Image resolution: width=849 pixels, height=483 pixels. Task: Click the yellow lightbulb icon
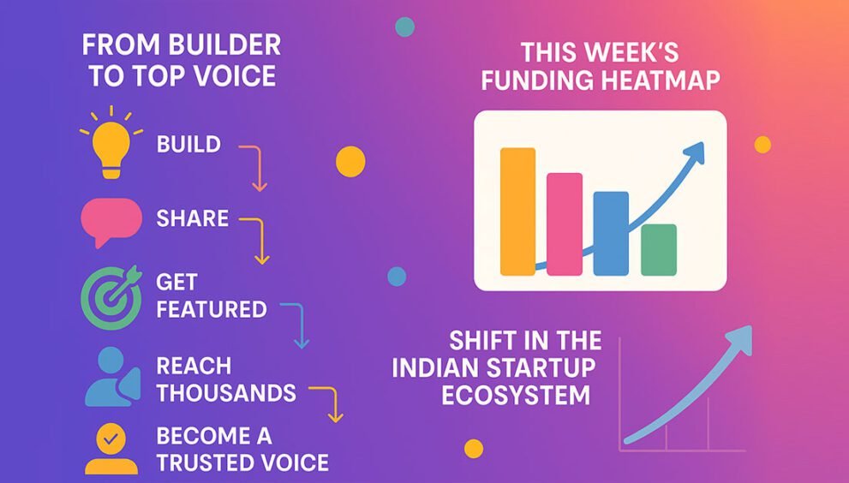click(111, 144)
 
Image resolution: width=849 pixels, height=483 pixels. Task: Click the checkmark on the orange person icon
click(111, 438)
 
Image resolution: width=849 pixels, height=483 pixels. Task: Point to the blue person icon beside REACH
click(112, 377)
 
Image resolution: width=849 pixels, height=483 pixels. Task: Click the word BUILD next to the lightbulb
click(189, 145)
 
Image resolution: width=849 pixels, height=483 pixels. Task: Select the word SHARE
click(192, 218)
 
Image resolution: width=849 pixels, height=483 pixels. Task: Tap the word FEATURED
click(212, 309)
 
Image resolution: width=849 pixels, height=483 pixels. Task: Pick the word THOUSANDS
click(226, 392)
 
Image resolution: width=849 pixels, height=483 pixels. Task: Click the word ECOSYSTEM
click(516, 396)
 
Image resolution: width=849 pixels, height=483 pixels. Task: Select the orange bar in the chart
click(517, 212)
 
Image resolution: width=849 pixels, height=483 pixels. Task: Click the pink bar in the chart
click(565, 224)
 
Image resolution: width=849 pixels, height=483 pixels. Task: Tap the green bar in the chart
click(659, 249)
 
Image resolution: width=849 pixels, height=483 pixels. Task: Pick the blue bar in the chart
click(612, 234)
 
